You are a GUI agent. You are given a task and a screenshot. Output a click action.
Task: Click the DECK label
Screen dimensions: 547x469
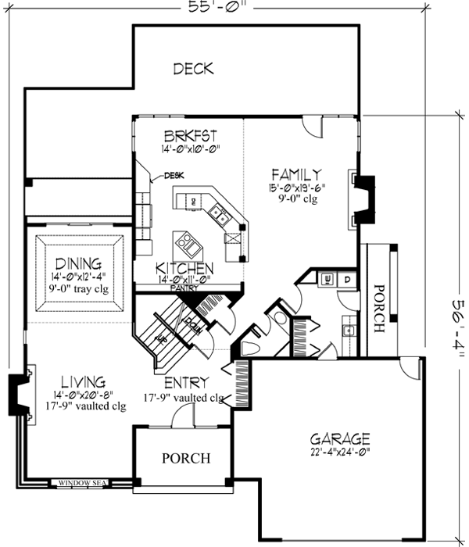[193, 69]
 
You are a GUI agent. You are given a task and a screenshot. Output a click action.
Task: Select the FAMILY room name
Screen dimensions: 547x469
[297, 173]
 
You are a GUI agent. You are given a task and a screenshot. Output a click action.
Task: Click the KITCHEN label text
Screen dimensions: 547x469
[185, 268]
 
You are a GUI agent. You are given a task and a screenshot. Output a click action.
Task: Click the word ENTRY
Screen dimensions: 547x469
[185, 383]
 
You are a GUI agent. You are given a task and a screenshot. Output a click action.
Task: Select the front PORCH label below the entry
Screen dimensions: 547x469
[185, 458]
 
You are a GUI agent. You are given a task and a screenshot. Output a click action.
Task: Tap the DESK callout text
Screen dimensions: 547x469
[174, 176]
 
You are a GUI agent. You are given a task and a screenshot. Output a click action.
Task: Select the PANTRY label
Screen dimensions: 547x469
[183, 288]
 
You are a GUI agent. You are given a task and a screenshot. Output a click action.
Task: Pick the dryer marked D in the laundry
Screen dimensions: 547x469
[346, 279]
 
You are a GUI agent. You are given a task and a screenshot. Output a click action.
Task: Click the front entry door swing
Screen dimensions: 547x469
[181, 417]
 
